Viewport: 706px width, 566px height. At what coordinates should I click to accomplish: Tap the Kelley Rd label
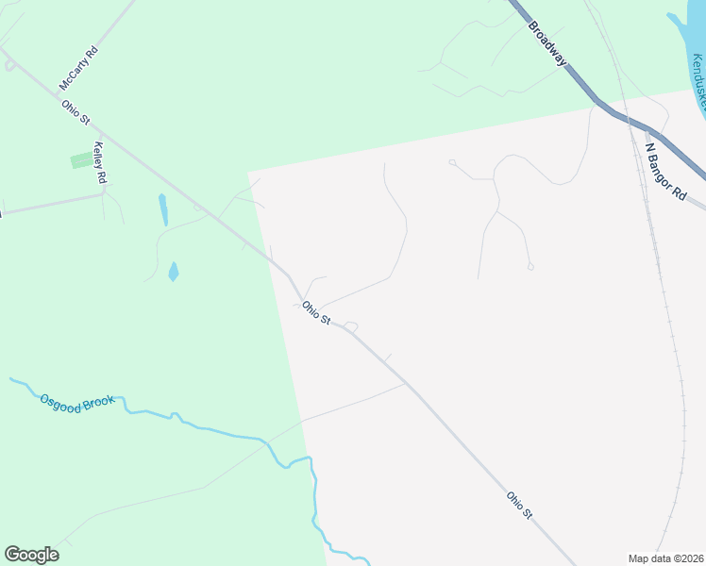click(100, 162)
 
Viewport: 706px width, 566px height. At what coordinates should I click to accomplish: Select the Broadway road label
click(548, 42)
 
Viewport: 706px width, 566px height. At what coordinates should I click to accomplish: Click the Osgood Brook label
click(77, 400)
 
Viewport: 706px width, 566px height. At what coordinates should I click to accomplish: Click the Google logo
click(31, 555)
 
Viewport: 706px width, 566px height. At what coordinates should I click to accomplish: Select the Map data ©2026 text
click(665, 558)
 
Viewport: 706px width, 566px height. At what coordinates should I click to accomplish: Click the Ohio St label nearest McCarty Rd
click(76, 112)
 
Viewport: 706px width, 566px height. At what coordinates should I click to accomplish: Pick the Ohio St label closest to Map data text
click(519, 505)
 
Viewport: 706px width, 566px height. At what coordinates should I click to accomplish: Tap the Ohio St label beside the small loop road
click(315, 313)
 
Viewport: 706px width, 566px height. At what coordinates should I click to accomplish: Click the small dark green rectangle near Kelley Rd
click(83, 160)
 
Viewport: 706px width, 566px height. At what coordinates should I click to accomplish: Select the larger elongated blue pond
click(163, 209)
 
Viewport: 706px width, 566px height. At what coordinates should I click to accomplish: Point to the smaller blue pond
click(173, 272)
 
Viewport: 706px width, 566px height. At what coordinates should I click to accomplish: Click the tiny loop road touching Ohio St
click(351, 326)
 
